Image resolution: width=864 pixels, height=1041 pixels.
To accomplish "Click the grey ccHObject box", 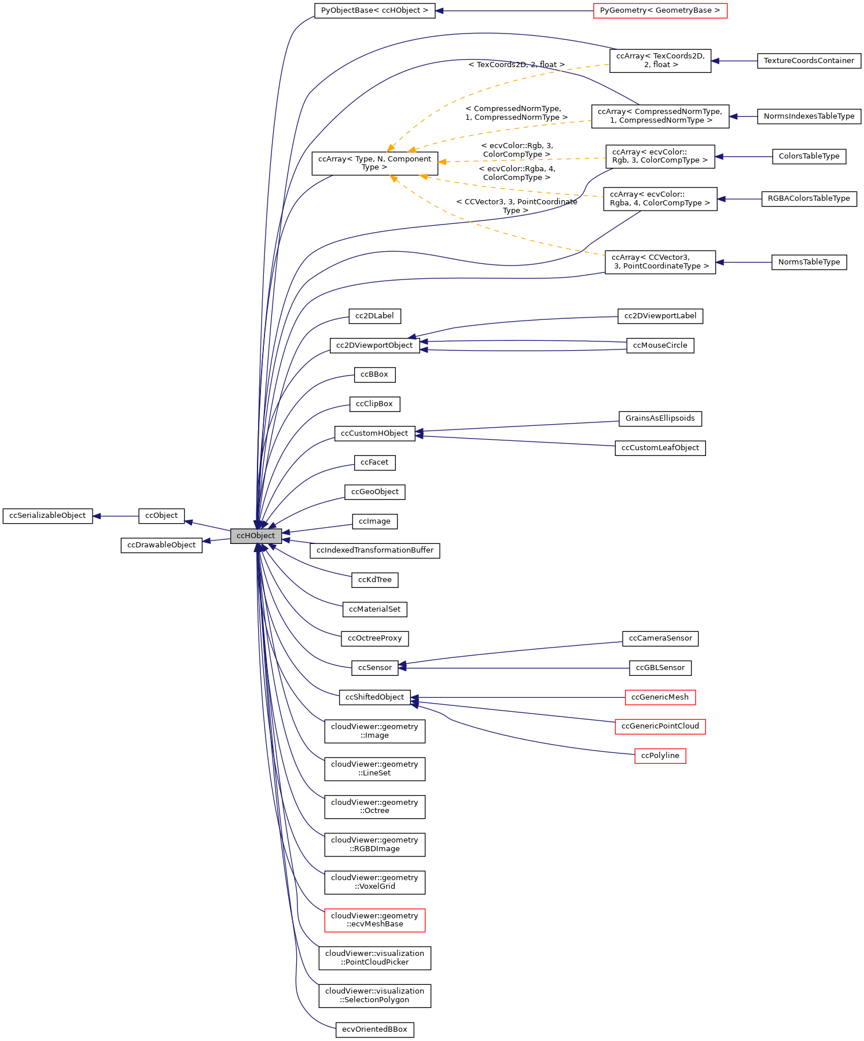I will (256, 536).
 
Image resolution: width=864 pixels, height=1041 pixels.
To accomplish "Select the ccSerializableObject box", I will (47, 516).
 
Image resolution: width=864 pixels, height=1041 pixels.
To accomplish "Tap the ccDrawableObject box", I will (161, 545).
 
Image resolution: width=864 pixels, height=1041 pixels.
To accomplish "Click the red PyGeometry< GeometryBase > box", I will (660, 10).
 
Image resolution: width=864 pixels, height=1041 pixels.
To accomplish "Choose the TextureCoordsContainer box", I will (808, 61).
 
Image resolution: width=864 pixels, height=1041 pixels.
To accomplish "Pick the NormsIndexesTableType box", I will (808, 116).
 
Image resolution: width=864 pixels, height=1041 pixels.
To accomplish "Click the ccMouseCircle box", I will (660, 345).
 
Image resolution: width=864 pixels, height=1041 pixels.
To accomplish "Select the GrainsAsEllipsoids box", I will (660, 418).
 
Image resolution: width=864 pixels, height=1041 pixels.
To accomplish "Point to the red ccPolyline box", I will (660, 756).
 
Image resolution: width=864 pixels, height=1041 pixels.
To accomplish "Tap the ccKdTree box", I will (374, 580).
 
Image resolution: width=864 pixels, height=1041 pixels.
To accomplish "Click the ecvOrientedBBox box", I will (374, 1029).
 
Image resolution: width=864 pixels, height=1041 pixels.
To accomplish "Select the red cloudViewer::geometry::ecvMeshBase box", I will (374, 920).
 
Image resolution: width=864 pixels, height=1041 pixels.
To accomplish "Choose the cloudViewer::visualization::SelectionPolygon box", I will (374, 995).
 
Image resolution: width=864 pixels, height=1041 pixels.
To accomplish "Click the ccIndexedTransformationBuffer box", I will (374, 550).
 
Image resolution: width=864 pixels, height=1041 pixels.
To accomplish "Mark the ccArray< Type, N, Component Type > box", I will (374, 163).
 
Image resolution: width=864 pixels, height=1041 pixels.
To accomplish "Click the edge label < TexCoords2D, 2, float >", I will (516, 65).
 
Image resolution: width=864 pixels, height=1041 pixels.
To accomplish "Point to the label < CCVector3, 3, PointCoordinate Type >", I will (516, 206).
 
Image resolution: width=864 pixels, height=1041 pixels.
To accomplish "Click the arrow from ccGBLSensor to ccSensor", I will (515, 668).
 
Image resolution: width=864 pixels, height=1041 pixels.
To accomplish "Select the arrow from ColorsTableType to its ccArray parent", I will (744, 156).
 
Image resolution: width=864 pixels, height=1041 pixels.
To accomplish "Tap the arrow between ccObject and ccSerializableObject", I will (116, 516).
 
